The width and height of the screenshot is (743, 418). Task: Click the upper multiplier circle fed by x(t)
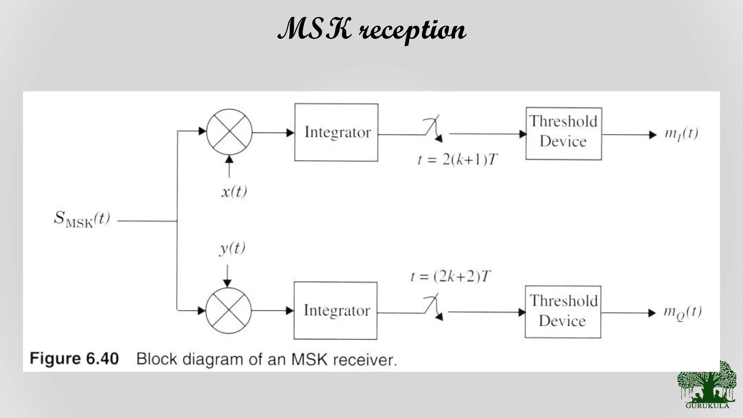coord(229,132)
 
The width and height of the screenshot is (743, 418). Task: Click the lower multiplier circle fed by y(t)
coord(229,311)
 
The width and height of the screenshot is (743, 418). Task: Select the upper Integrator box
coord(336,132)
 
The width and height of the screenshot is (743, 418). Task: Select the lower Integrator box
coord(336,311)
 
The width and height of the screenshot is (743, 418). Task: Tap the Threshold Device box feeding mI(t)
coord(563,133)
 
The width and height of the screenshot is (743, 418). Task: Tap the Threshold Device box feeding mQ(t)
coord(563,312)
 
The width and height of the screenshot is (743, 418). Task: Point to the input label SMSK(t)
coord(82,219)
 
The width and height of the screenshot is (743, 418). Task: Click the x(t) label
coord(234,191)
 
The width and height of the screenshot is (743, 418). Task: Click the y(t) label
coord(232,249)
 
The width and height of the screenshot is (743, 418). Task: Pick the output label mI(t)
coord(681,134)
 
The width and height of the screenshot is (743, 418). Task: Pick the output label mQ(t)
coord(682,312)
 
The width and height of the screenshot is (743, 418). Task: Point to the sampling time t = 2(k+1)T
coord(458,160)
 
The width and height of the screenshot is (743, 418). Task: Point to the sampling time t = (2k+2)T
coord(451,277)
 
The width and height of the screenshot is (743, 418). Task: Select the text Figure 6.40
coord(74,359)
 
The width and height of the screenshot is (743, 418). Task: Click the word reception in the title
coord(412,30)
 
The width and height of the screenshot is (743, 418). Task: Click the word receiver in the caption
coord(365,360)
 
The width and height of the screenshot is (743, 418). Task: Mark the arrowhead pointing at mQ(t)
coord(652,313)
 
